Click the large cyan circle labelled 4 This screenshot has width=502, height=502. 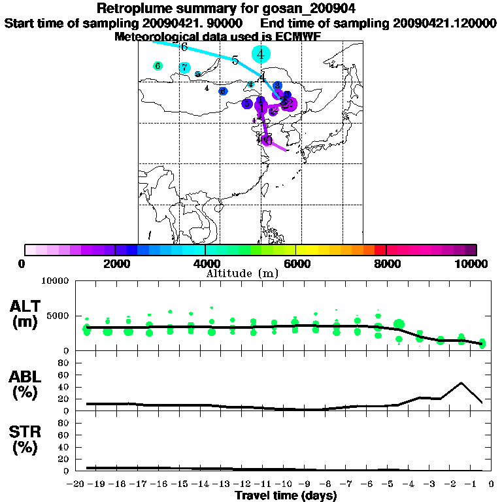coord(261,54)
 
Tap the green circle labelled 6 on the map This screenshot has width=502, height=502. coord(158,66)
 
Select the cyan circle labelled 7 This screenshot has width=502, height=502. coord(185,67)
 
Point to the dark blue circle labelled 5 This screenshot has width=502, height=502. coord(247,103)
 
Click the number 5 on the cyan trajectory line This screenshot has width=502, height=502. coord(235,60)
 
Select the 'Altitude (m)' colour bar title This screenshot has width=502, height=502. coord(242,273)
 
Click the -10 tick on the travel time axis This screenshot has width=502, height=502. coord(284,484)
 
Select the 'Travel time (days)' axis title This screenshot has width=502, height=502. coord(286,495)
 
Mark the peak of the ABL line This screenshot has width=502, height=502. coord(461,383)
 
